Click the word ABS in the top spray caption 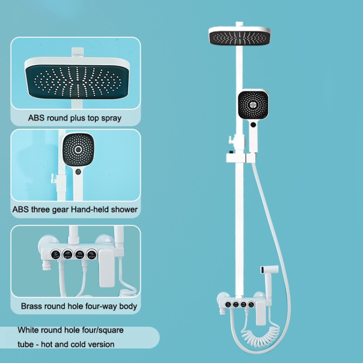pos(36,118)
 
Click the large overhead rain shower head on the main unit pos(240,36)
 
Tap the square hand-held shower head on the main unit pos(253,105)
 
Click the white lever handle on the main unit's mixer pos(261,313)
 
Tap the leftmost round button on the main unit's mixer pos(228,304)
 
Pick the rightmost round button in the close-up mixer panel pos(91,255)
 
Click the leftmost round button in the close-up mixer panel pos(55,255)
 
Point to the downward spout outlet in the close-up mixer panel pos(47,265)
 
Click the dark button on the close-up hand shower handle pos(78,172)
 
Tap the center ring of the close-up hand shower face pos(78,150)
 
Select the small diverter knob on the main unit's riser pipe pos(231,140)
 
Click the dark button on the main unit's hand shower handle pos(253,124)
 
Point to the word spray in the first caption pos(111,118)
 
